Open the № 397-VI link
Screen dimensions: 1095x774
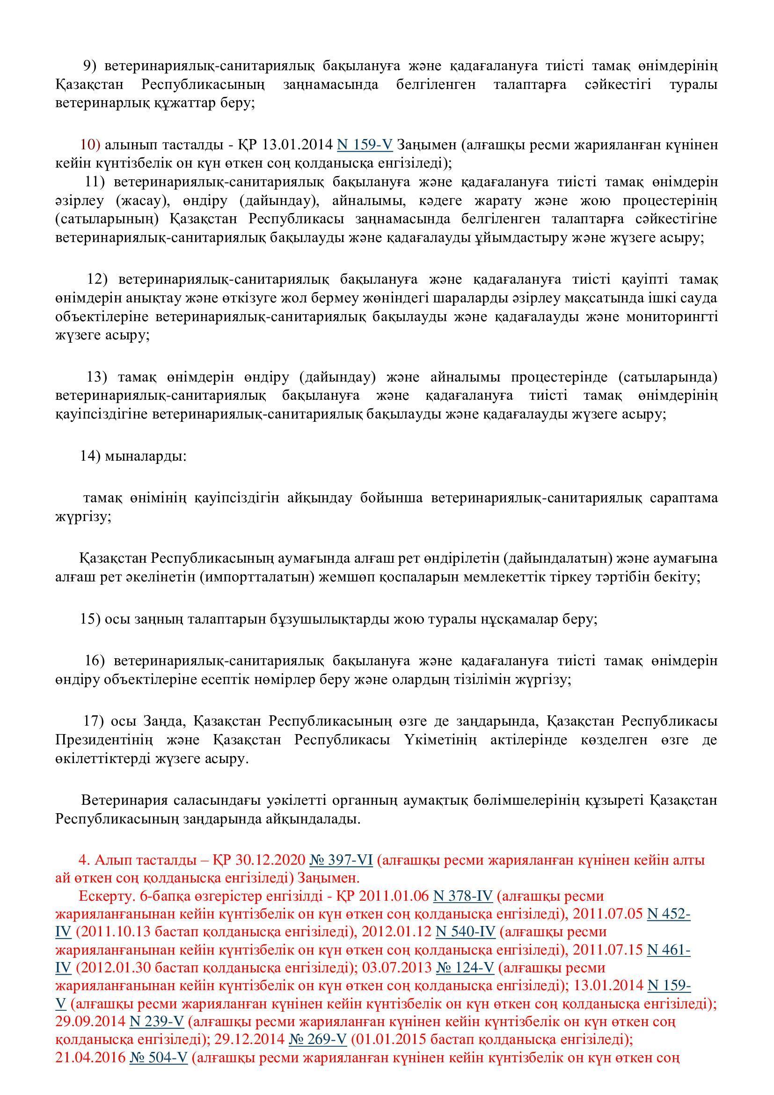coord(341,860)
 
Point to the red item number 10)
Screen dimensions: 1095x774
coord(90,144)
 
